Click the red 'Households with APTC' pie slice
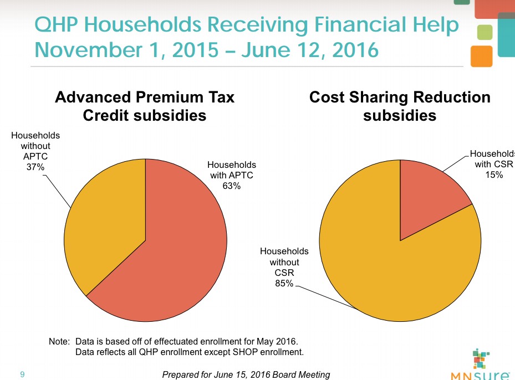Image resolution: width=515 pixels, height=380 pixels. pos(177,255)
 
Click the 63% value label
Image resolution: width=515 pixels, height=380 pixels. pos(231,186)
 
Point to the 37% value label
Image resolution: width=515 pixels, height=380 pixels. pos(35,167)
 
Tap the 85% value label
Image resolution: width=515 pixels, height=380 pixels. pos(284,284)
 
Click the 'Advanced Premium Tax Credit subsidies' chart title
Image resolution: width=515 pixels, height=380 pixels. pos(145,106)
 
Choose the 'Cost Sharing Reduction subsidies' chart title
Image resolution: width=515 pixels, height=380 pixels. pos(400,106)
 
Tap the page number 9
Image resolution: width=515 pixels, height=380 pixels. pos(22,375)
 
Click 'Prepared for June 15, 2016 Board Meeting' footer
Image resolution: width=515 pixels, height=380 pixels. pos(246,375)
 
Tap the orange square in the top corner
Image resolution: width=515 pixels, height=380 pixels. pos(481,56)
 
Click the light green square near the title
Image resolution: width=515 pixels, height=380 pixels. pos(485,32)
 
